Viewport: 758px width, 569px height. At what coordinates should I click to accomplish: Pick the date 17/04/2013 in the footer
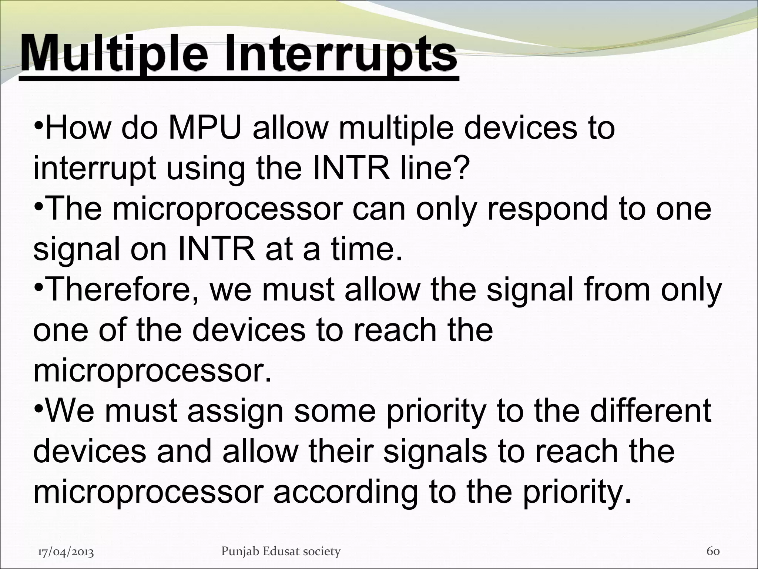click(66, 552)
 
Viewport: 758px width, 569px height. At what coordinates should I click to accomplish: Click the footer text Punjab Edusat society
click(281, 552)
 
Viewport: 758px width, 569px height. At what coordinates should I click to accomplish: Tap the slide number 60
click(713, 551)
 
